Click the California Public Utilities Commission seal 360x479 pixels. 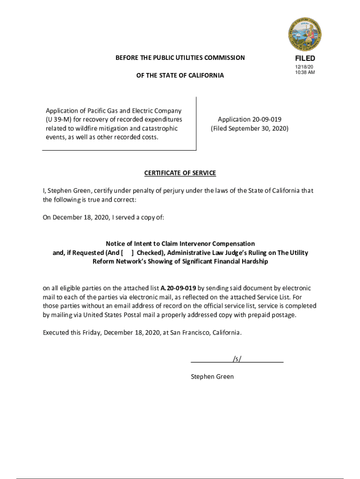click(x=305, y=34)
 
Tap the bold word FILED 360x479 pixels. click(x=305, y=58)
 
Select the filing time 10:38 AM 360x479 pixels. click(x=304, y=73)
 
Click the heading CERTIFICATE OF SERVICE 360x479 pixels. click(x=180, y=173)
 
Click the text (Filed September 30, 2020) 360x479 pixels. click(x=250, y=128)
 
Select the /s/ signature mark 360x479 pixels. click(x=237, y=359)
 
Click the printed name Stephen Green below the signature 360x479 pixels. click(x=212, y=377)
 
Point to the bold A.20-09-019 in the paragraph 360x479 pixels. click(x=178, y=288)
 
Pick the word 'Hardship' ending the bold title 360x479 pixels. click(x=255, y=261)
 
